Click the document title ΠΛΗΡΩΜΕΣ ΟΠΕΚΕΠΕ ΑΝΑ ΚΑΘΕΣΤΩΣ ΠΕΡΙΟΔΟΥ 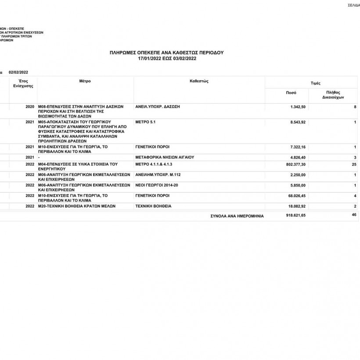166,52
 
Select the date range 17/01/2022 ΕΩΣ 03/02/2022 166,58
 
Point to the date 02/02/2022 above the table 18,72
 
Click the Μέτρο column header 85,81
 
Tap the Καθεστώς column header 198,81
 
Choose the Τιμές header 315,83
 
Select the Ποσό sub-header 291,93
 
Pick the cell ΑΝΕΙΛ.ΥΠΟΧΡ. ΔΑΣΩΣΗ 158,107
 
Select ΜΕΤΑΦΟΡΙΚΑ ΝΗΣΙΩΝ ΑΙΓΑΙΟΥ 165,157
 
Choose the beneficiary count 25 354,164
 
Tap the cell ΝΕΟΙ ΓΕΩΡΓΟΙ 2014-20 157,185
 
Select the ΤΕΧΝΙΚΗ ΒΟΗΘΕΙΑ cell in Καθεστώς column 154,206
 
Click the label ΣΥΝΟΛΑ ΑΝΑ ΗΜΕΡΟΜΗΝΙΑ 237,216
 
